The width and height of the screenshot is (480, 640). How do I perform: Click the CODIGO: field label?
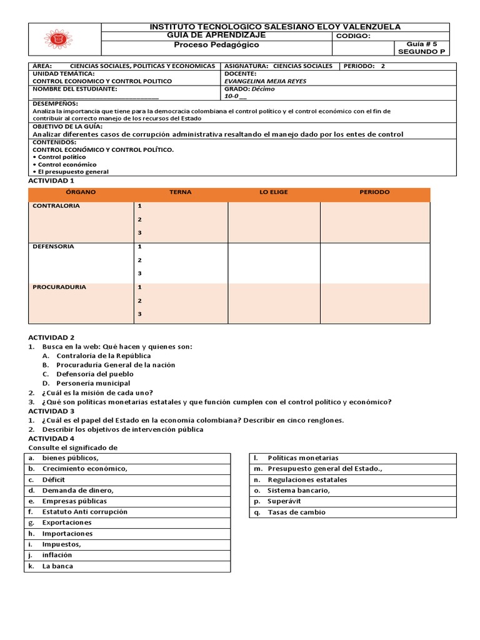[x=353, y=36]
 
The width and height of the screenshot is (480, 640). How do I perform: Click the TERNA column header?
[x=181, y=192]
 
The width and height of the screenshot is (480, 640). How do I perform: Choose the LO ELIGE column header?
[x=274, y=192]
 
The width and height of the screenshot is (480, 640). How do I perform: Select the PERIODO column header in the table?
[x=374, y=192]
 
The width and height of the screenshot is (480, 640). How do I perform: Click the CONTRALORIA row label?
[x=56, y=206]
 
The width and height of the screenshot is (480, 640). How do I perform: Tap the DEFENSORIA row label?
[x=53, y=246]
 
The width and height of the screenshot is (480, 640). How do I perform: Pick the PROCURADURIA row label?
[x=59, y=287]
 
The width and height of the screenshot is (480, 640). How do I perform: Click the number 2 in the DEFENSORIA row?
[x=140, y=260]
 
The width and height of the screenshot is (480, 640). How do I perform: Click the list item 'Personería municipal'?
[x=93, y=383]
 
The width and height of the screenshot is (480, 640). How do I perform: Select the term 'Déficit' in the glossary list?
[x=54, y=479]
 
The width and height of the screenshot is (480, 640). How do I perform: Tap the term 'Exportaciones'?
[x=66, y=522]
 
